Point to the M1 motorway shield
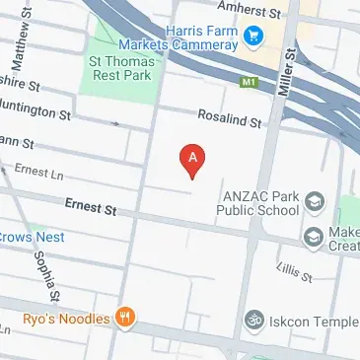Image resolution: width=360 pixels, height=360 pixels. point(250,82)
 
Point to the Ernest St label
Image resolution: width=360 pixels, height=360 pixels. point(91,209)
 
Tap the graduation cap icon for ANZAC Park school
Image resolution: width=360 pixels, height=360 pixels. point(313,201)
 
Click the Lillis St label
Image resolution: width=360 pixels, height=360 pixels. point(295,270)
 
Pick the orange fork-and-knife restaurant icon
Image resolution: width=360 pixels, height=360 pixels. point(124,318)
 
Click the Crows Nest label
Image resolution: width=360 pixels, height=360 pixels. point(32,238)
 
